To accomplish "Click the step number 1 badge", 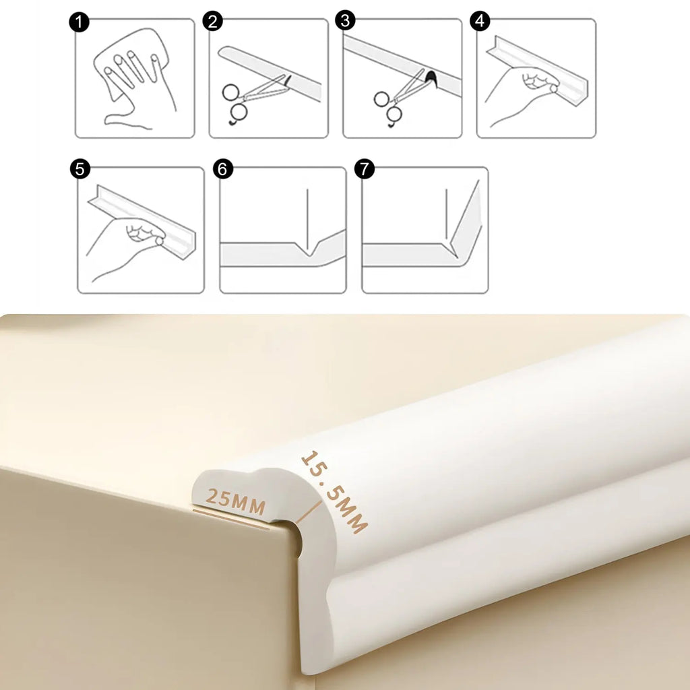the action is click(x=80, y=22).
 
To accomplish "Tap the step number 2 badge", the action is click(x=212, y=22).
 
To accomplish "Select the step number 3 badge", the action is click(x=346, y=21).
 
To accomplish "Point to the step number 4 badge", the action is click(x=480, y=21).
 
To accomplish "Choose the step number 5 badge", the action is click(x=80, y=169).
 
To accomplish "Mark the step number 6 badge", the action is click(x=222, y=169).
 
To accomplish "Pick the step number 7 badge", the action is click(x=365, y=168).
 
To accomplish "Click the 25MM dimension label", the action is click(x=236, y=501).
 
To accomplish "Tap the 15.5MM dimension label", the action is click(x=334, y=491).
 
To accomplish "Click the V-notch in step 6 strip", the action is click(x=309, y=251).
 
